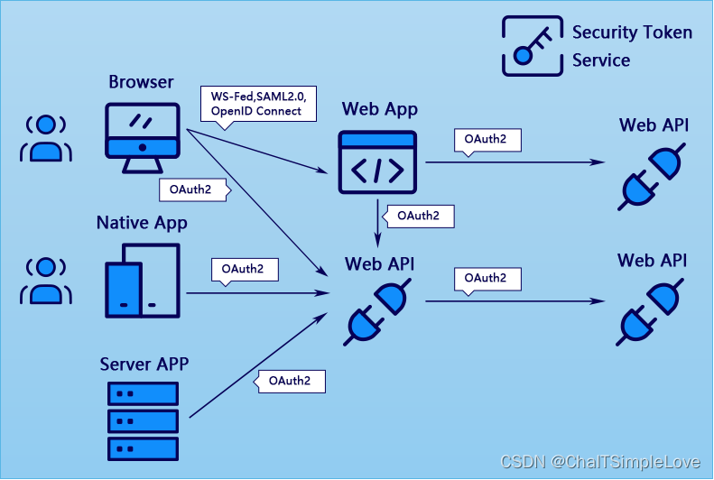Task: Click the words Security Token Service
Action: coord(632,47)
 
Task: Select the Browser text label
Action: coord(141,82)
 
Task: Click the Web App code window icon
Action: coord(377,162)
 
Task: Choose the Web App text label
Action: coord(379,109)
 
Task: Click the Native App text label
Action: coord(142,223)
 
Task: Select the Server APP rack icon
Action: coord(143,420)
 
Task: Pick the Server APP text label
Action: coord(144,365)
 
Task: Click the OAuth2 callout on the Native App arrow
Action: coord(244,269)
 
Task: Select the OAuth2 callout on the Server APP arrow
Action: coord(290,381)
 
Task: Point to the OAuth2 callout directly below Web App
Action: coord(418,216)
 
